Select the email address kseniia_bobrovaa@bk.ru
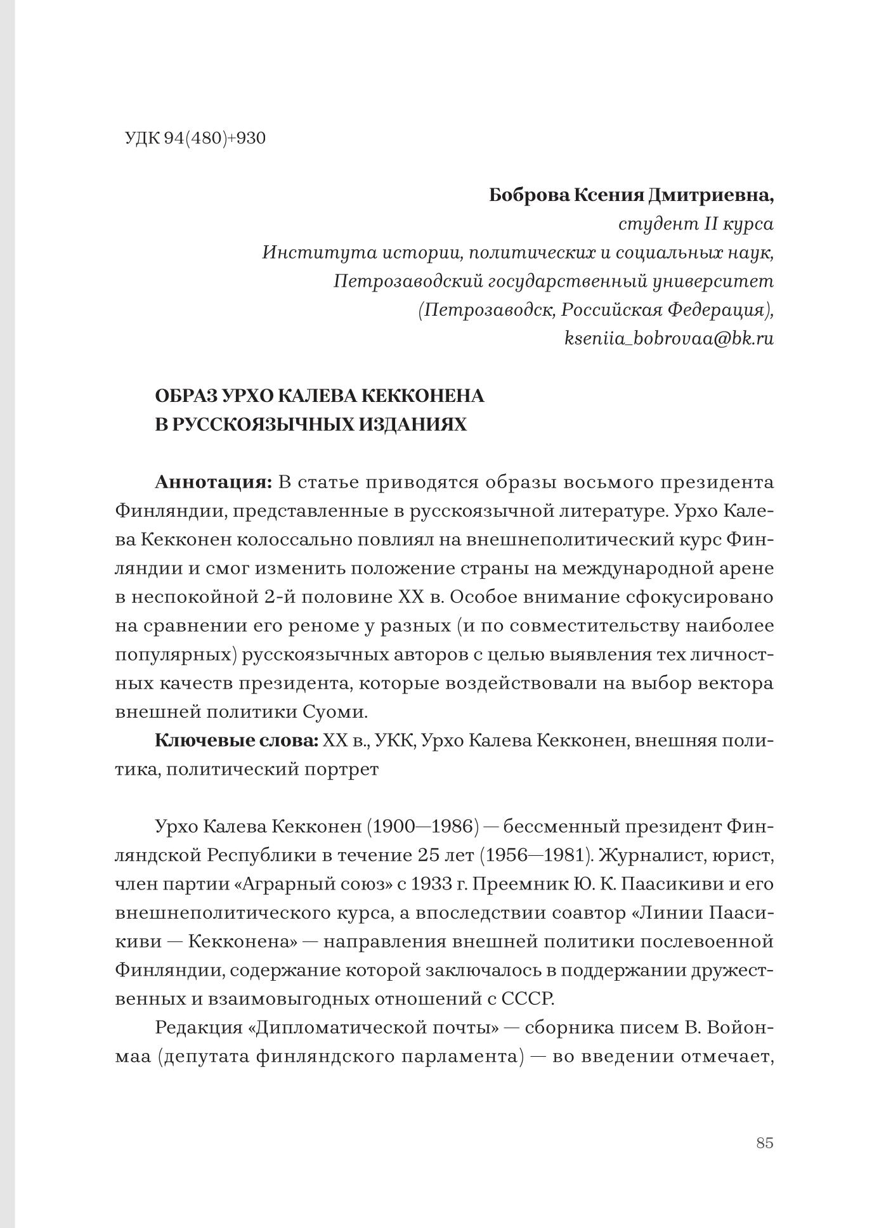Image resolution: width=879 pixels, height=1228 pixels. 668,339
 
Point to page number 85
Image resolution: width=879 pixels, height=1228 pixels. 764,1143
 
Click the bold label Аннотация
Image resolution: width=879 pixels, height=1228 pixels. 213,482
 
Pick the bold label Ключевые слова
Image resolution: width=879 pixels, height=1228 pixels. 236,740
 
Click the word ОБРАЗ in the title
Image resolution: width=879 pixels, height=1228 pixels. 186,396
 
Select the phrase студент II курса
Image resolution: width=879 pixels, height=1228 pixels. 695,224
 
